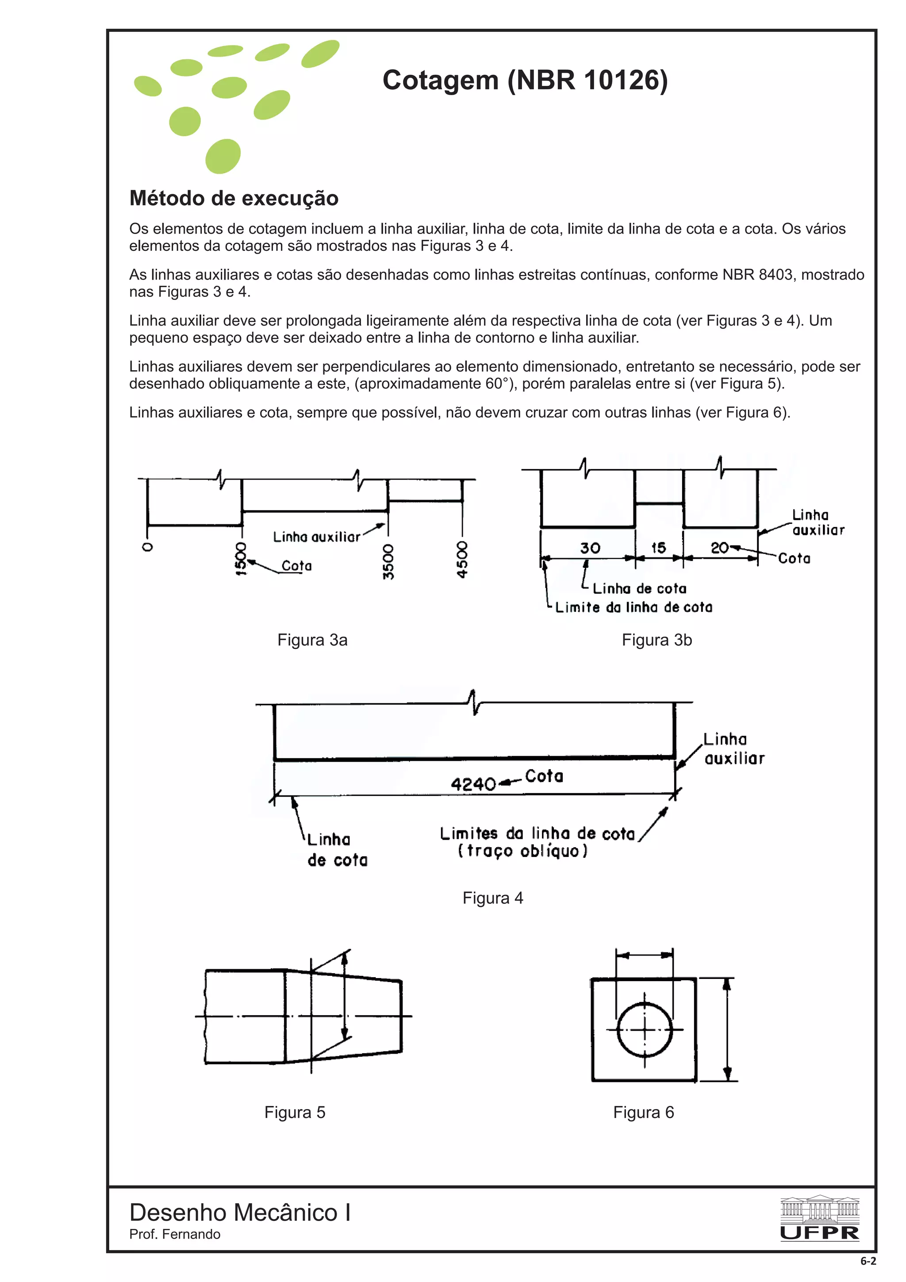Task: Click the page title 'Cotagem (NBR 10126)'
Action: pos(525,80)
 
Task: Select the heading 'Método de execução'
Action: pos(234,198)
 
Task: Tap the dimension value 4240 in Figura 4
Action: pos(473,784)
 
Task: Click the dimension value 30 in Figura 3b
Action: pos(590,548)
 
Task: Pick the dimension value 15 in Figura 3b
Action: pos(659,548)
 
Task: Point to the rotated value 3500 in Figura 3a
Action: pos(388,561)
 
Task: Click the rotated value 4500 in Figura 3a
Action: pos(462,560)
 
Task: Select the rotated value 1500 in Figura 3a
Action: pos(241,558)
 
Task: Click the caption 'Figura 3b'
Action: pos(656,640)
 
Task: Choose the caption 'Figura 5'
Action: pos(295,1112)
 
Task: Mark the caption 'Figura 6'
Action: pos(643,1112)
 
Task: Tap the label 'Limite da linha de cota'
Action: pos(633,607)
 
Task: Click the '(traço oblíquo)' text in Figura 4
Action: pos(522,851)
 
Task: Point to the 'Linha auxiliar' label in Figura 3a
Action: pos(316,537)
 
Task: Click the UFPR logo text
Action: pos(819,1233)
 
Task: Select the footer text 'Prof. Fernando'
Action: pos(175,1234)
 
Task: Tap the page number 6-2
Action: pos(868,1261)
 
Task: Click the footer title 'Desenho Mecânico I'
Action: pos(240,1212)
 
